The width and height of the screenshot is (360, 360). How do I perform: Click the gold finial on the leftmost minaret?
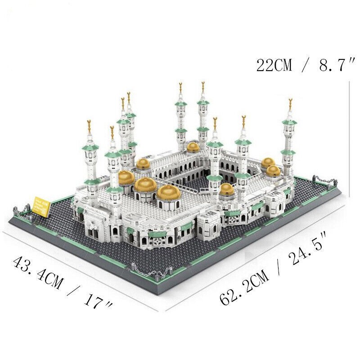(x=89, y=123)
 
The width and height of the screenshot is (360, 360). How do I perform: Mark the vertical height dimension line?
(x=350, y=135)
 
